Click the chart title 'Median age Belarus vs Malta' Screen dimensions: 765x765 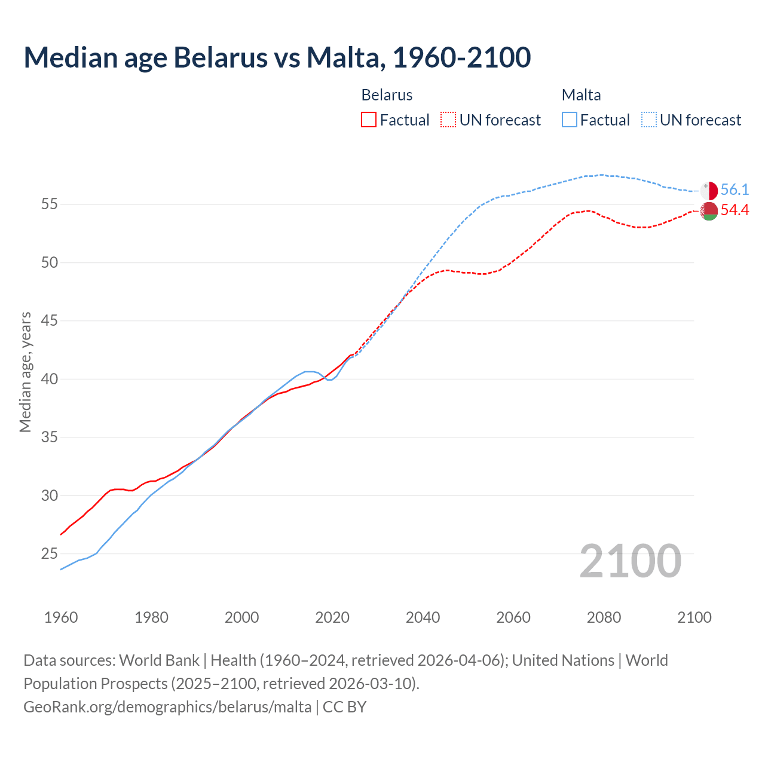pyautogui.click(x=277, y=57)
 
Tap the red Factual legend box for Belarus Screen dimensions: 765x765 pyautogui.click(x=369, y=120)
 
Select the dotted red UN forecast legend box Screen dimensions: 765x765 pyautogui.click(x=448, y=120)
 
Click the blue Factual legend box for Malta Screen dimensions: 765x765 pyautogui.click(x=570, y=120)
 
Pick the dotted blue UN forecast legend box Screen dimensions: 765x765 pyautogui.click(x=648, y=120)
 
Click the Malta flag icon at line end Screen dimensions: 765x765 pyautogui.click(x=709, y=191)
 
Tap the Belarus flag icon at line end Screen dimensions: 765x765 pyautogui.click(x=709, y=211)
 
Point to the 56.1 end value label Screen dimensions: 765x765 pyautogui.click(x=735, y=190)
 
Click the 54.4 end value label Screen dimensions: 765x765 pyautogui.click(x=735, y=210)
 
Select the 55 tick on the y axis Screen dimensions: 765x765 pyautogui.click(x=50, y=204)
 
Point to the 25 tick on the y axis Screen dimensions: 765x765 pyautogui.click(x=50, y=554)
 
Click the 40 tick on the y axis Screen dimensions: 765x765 pyautogui.click(x=50, y=379)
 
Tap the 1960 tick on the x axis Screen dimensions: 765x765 pyautogui.click(x=61, y=617)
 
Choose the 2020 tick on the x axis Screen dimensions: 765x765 pyautogui.click(x=332, y=617)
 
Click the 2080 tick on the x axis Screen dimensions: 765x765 pyautogui.click(x=604, y=617)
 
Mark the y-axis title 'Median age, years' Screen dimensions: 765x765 pyautogui.click(x=25, y=372)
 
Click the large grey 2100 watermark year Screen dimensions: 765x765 pyautogui.click(x=630, y=561)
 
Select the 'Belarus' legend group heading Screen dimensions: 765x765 pyautogui.click(x=387, y=95)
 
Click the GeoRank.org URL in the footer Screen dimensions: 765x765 pyautogui.click(x=167, y=707)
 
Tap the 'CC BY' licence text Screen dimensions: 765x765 pyautogui.click(x=345, y=707)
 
